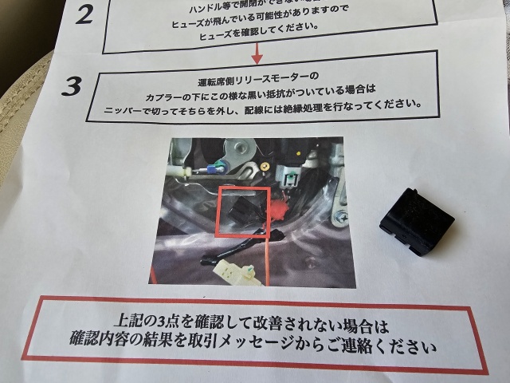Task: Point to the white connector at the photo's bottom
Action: (x=236, y=274)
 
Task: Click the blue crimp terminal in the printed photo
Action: (x=213, y=168)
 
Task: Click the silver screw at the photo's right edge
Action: (x=342, y=216)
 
